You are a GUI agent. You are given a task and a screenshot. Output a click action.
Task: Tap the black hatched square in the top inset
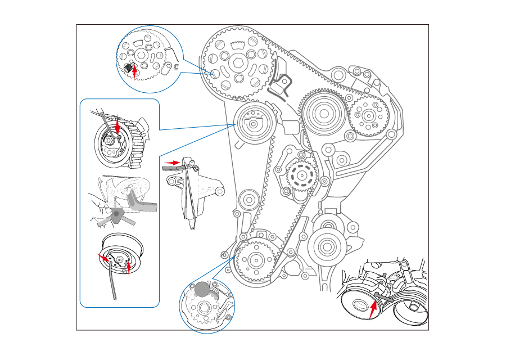[x=129, y=67]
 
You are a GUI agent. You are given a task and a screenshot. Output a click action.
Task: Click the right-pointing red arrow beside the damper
[x=171, y=163]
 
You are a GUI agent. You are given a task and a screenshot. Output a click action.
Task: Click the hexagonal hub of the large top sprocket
[x=237, y=62]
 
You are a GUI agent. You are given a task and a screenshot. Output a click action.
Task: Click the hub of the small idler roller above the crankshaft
[x=249, y=200]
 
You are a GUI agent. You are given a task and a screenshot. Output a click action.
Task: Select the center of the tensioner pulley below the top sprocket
[x=254, y=125]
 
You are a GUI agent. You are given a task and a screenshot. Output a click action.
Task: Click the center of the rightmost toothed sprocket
[x=368, y=115]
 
